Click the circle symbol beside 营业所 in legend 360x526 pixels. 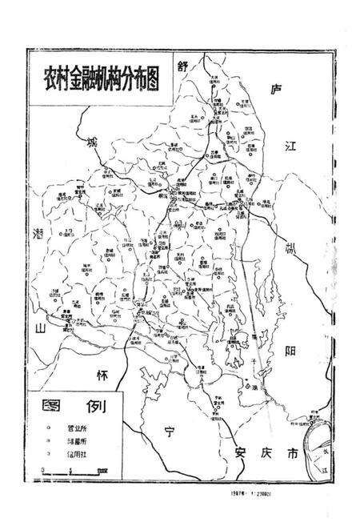coord(38,428)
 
